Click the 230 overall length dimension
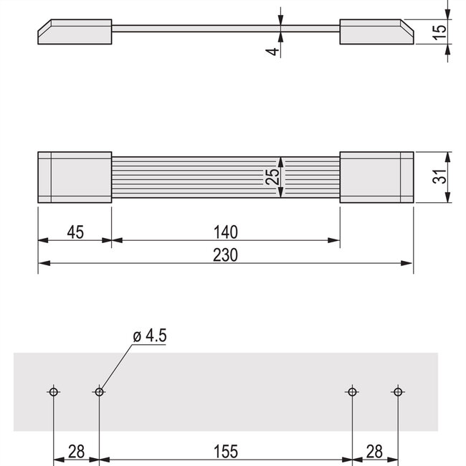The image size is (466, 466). point(224,255)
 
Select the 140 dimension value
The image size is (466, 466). point(224,232)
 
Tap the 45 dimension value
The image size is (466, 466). point(75,232)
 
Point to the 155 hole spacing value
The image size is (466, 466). point(224,451)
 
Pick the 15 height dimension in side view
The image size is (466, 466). point(440,31)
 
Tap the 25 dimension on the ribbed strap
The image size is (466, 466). point(272,177)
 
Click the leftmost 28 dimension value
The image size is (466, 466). point(75,451)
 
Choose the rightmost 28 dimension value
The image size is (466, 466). point(374,451)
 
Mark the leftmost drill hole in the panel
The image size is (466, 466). point(54,391)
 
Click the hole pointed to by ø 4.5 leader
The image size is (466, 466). point(99,391)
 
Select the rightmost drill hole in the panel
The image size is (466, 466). point(398,391)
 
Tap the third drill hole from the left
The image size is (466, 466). point(352,391)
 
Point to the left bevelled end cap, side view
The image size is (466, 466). point(75,32)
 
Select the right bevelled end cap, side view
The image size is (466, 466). point(376,32)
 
